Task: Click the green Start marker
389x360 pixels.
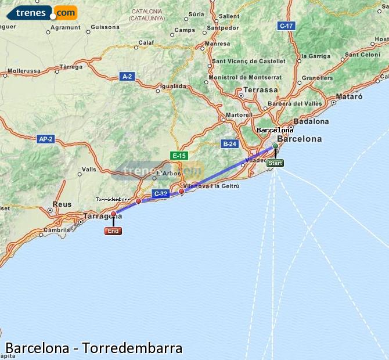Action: pos(275,163)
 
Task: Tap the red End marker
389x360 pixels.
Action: pos(113,231)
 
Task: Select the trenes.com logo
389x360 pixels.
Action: pos(41,13)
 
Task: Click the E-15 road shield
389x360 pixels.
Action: pos(179,156)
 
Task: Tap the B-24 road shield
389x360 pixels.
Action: pos(229,143)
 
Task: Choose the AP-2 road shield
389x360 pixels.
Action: pos(45,139)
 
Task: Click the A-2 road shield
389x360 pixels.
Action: pos(127,76)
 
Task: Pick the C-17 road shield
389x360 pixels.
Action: pos(286,26)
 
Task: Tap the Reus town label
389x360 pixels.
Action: pos(62,204)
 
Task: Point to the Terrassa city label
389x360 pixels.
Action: pos(260,90)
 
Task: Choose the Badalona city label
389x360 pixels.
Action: pos(311,121)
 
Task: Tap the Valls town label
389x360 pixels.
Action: pos(89,170)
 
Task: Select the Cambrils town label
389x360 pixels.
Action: pos(56,229)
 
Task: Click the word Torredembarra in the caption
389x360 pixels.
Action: pos(132,348)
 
